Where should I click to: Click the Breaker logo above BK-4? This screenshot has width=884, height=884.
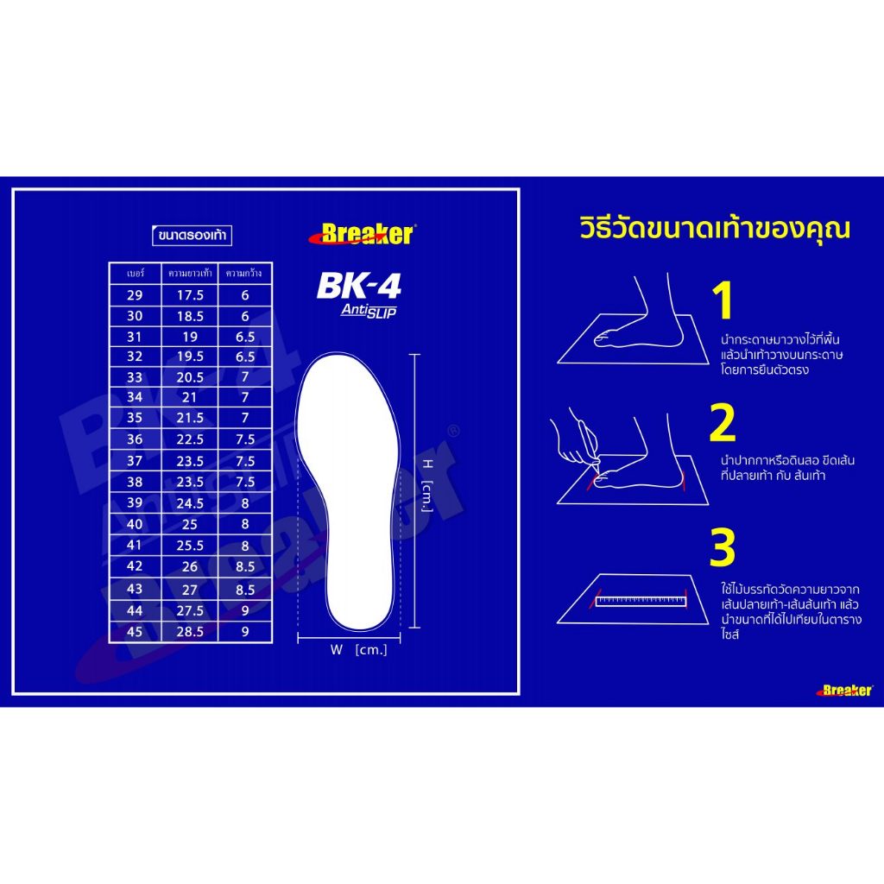(x=362, y=234)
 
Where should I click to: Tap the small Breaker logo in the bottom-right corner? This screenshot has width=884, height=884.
(x=844, y=690)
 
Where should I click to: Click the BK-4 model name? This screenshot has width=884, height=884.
(x=358, y=286)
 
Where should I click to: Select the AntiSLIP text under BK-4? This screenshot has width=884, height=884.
(x=369, y=311)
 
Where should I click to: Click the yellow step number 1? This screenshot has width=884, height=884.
(x=723, y=300)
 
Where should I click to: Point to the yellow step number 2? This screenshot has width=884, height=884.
(x=723, y=422)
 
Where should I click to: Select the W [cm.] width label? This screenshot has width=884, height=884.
(x=358, y=649)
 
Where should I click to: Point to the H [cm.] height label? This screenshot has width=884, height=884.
(x=428, y=485)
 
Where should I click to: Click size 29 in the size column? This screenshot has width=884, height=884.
(x=135, y=295)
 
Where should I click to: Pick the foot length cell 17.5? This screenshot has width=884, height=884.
(x=190, y=295)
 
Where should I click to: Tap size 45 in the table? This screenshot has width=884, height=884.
(x=135, y=631)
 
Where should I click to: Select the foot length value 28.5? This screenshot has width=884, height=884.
(x=190, y=631)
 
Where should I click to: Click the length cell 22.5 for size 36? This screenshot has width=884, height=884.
(x=190, y=439)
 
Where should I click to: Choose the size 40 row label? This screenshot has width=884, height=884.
(x=135, y=524)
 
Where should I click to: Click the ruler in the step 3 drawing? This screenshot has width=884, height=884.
(x=641, y=601)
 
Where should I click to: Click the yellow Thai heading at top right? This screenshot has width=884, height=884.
(x=714, y=229)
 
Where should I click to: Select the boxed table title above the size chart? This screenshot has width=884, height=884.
(x=193, y=235)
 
